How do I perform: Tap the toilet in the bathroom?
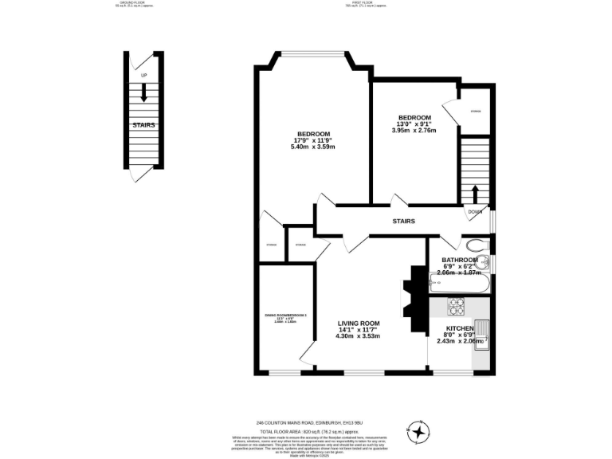476,245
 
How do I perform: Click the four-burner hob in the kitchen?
458,306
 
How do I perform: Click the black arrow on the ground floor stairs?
143,92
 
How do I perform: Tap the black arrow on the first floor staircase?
476,194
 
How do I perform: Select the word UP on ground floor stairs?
143,76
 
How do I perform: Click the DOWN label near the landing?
475,212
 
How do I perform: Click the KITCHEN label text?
460,328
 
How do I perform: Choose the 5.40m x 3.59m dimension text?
313,147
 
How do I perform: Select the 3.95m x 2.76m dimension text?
414,131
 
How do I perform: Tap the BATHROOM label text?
460,260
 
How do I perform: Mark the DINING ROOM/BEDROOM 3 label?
285,316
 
